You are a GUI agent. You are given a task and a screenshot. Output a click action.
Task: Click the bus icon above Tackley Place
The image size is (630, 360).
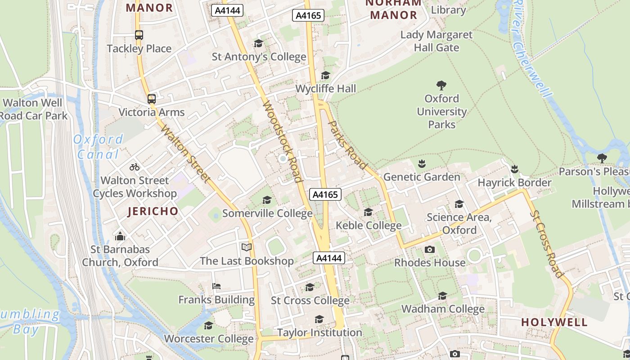(x=139, y=35)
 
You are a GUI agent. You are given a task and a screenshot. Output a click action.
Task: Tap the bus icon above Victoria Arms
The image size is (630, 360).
(x=152, y=99)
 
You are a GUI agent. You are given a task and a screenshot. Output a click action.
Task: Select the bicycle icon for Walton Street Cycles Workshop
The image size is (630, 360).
(x=134, y=167)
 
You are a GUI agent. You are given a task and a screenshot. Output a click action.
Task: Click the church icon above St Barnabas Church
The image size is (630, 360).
(x=120, y=236)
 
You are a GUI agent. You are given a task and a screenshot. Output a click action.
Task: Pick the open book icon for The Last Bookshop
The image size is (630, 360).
(x=246, y=247)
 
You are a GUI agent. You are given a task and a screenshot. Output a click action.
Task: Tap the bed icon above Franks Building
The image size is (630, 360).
(x=216, y=286)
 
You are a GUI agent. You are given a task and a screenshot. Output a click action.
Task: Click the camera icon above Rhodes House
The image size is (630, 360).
(x=430, y=249)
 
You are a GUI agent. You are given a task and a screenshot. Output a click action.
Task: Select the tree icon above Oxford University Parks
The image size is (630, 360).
(x=441, y=85)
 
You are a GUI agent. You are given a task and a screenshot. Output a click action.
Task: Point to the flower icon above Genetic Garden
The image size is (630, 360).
(x=422, y=164)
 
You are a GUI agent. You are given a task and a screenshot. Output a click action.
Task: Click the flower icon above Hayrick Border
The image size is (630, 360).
(x=514, y=169)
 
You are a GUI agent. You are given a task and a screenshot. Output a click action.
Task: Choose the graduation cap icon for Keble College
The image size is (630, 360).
(x=368, y=212)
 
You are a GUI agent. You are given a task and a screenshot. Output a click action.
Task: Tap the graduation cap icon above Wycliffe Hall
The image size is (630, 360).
(x=325, y=76)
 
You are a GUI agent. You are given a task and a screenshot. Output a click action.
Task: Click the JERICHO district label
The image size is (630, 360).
(x=153, y=211)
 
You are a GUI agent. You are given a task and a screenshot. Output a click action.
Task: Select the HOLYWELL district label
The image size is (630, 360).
(x=554, y=322)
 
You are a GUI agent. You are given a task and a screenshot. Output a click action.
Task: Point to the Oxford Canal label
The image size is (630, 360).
(x=98, y=147)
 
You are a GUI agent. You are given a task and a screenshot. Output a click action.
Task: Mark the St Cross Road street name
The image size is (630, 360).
(x=546, y=243)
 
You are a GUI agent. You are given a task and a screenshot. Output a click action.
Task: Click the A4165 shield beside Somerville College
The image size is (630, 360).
(x=325, y=194)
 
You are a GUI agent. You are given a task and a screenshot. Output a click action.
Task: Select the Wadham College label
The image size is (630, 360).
(x=443, y=309)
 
